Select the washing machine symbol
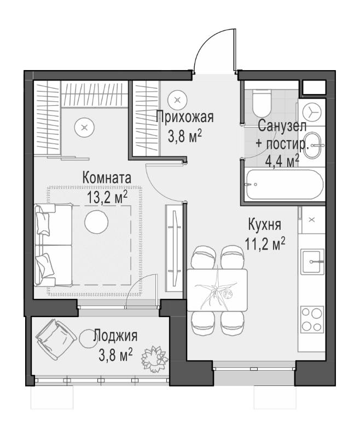(314, 112)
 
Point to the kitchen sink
(313, 261)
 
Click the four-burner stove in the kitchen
(312, 319)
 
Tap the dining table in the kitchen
(218, 291)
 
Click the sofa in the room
(54, 245)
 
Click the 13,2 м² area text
(108, 197)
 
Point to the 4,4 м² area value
(282, 160)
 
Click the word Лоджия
(115, 336)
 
